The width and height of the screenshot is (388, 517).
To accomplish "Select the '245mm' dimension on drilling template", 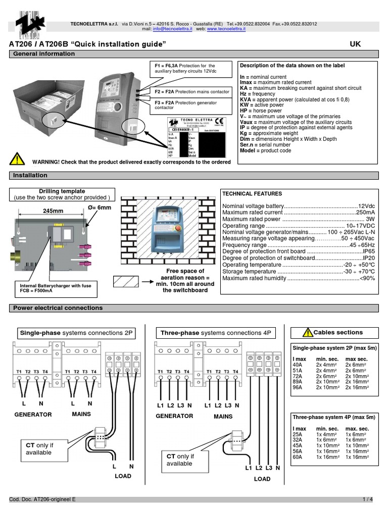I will click(53, 211).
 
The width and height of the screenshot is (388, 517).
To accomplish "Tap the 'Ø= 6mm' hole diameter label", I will click(100, 208).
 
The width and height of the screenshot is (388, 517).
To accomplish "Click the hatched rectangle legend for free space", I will click(131, 281).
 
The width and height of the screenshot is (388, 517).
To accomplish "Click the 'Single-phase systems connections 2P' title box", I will click(76, 333).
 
